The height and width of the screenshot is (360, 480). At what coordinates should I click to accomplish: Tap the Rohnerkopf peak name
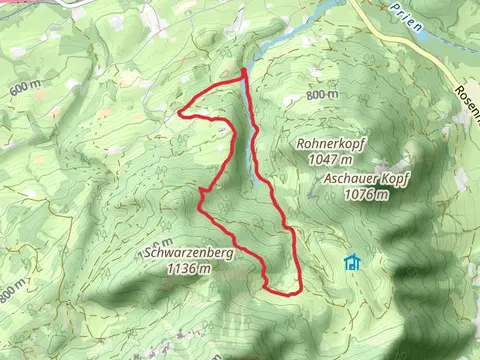pyautogui.click(x=331, y=144)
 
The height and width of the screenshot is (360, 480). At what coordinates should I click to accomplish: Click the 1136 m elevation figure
pyautogui.click(x=189, y=268)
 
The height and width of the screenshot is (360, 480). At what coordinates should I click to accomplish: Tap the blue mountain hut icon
pyautogui.click(x=351, y=264)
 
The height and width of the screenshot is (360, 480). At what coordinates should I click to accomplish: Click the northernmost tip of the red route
pyautogui.click(x=244, y=70)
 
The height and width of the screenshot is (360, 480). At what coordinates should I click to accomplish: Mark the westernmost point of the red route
pyautogui.click(x=180, y=113)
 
